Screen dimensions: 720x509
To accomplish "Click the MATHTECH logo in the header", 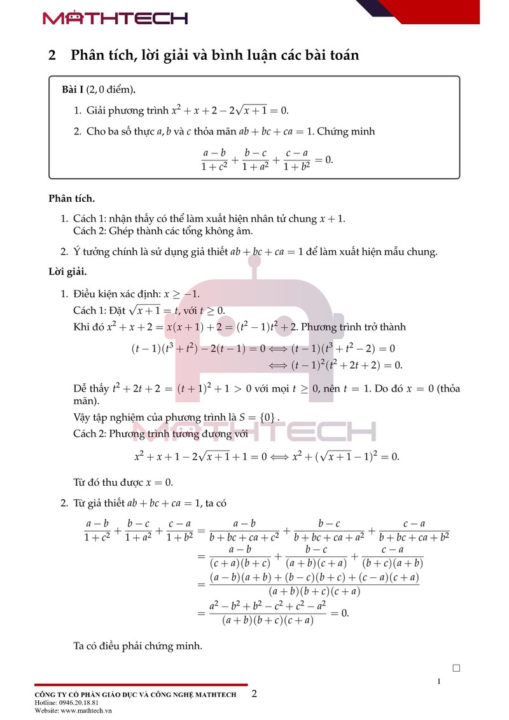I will point(115,18).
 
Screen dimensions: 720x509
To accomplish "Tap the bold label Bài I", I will point(73,88).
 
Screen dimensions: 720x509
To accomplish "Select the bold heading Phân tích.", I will point(72,199).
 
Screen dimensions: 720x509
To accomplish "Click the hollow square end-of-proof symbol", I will point(456,668).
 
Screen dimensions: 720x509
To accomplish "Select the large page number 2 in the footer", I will point(254,693).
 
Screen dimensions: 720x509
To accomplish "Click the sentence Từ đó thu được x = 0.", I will point(123,482).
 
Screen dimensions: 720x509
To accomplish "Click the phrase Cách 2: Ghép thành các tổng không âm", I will point(163,230).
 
